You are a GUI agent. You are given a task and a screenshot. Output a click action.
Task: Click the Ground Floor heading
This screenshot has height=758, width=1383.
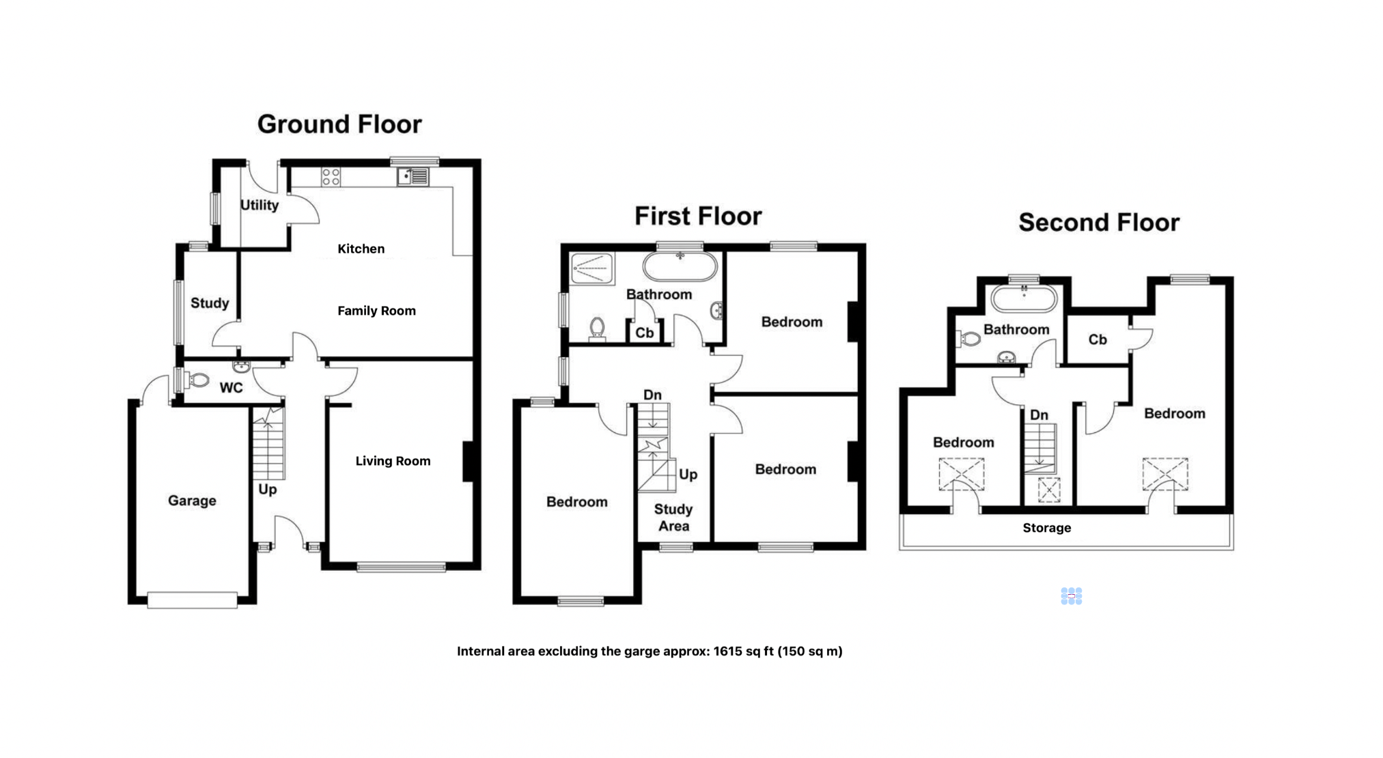(x=339, y=124)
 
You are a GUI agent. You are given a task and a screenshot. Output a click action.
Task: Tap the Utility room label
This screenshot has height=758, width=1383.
(x=260, y=205)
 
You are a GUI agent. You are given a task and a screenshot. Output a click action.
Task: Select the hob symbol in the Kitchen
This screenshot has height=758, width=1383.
(x=331, y=177)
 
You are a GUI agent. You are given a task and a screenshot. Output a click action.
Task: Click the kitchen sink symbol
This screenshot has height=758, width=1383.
(x=413, y=177)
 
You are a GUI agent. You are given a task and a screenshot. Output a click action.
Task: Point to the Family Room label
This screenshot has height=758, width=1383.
(x=376, y=311)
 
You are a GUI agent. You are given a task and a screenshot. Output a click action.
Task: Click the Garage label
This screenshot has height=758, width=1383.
(x=192, y=501)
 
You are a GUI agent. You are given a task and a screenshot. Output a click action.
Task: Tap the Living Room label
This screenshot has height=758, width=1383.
(x=393, y=461)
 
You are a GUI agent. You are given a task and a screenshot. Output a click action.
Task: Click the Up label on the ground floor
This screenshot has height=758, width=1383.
(x=268, y=490)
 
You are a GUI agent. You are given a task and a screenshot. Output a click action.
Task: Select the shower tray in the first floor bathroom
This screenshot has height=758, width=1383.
(x=592, y=268)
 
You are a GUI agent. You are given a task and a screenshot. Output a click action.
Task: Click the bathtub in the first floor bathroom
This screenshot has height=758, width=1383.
(x=680, y=267)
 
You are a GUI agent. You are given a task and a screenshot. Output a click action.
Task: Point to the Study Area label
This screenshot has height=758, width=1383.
(x=673, y=518)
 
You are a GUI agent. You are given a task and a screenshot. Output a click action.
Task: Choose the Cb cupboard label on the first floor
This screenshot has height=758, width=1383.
(x=645, y=333)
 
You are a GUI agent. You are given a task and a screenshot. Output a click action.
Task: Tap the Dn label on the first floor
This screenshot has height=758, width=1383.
(x=652, y=395)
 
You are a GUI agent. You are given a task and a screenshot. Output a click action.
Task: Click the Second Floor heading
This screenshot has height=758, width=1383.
(x=1099, y=223)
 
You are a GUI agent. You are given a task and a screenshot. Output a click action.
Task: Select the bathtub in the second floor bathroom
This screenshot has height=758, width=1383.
(x=1024, y=299)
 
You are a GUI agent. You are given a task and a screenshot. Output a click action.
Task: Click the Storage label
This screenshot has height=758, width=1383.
(x=1046, y=528)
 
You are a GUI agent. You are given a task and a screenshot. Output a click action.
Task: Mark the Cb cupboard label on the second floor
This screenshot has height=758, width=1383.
(x=1098, y=339)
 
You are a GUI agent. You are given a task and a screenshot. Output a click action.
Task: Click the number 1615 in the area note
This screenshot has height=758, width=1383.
(x=727, y=651)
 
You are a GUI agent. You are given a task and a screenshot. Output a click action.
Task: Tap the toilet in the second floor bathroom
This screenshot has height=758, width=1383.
(x=970, y=338)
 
